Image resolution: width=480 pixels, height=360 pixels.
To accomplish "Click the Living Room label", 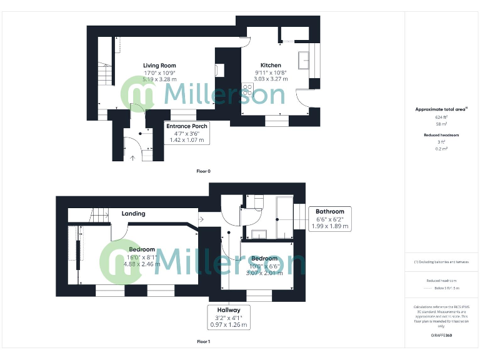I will coord(159,65).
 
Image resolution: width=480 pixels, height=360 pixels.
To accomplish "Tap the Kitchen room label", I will coord(271,65).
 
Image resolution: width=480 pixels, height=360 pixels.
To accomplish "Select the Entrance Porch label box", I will coord(187,133).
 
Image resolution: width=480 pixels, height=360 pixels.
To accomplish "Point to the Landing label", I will coord(133,214).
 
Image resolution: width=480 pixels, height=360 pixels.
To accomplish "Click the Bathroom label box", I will coord(330,219).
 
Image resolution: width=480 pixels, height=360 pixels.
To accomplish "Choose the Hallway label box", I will coord(229,317).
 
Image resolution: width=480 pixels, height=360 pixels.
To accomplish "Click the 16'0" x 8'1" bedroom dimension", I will coord(142,256).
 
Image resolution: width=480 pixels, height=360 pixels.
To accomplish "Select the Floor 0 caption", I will coord(204,171).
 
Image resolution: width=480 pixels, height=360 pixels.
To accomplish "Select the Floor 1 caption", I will coord(204,342).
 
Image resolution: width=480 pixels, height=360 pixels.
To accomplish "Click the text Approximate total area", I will coord(441,109).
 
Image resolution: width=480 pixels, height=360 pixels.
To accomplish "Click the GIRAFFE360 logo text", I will coord(441,336).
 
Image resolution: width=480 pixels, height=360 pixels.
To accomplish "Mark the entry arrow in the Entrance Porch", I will coord(132,157).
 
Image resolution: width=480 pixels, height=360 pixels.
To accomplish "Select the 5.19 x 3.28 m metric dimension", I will coord(159,79).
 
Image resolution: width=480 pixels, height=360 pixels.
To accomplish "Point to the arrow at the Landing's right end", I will coord(201,219).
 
